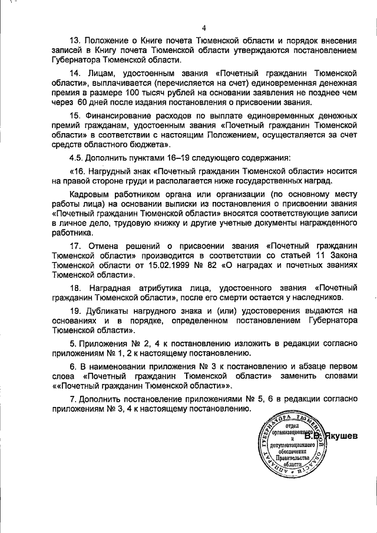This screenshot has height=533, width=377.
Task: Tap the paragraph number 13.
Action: point(76,41)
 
